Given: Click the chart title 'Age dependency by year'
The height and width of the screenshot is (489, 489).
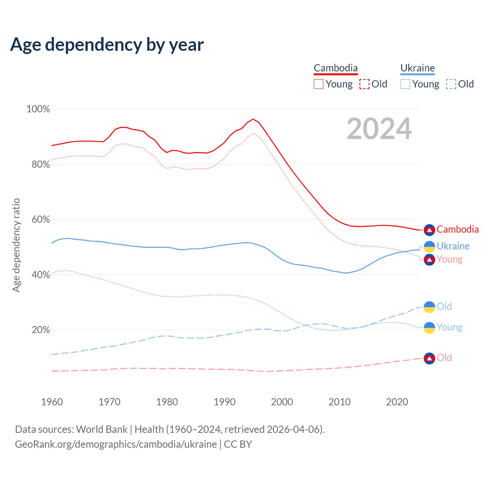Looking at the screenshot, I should pos(107,45).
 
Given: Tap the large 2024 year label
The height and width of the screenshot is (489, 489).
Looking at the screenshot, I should pos(379,129).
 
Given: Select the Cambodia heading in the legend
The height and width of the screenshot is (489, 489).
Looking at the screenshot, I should pos(335,68).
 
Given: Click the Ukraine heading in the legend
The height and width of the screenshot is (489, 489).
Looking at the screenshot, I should pos(418,68).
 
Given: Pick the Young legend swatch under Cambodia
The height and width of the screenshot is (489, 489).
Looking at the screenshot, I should pos(318,84).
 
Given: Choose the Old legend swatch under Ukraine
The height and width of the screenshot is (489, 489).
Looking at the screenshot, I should pos(451,84).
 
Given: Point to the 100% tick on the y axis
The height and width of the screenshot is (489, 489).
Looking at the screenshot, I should pos(38,109).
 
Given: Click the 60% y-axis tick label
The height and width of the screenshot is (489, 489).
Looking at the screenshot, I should pos(41,220).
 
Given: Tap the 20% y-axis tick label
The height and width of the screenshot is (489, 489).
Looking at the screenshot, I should pos(41,330).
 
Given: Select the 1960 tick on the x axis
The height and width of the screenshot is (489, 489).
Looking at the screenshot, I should pos(52,402).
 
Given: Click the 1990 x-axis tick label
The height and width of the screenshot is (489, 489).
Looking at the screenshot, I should pos(225,402).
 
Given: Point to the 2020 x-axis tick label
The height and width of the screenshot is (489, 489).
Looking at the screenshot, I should pos(397,402).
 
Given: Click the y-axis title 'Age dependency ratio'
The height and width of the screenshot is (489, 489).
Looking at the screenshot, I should pos(16,245).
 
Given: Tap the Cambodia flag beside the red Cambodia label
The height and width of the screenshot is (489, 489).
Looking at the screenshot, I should pos(429,230).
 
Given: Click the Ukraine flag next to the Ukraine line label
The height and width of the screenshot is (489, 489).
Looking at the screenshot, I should pos(429,246).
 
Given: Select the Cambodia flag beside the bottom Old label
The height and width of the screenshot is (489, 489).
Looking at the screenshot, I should pos(429,358).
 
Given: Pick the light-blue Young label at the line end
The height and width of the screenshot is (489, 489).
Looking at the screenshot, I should pos(450,327).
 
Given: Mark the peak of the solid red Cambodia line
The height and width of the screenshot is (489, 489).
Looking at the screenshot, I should pos(253,119).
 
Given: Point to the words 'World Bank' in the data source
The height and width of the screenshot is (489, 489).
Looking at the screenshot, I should pos(102,429).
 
